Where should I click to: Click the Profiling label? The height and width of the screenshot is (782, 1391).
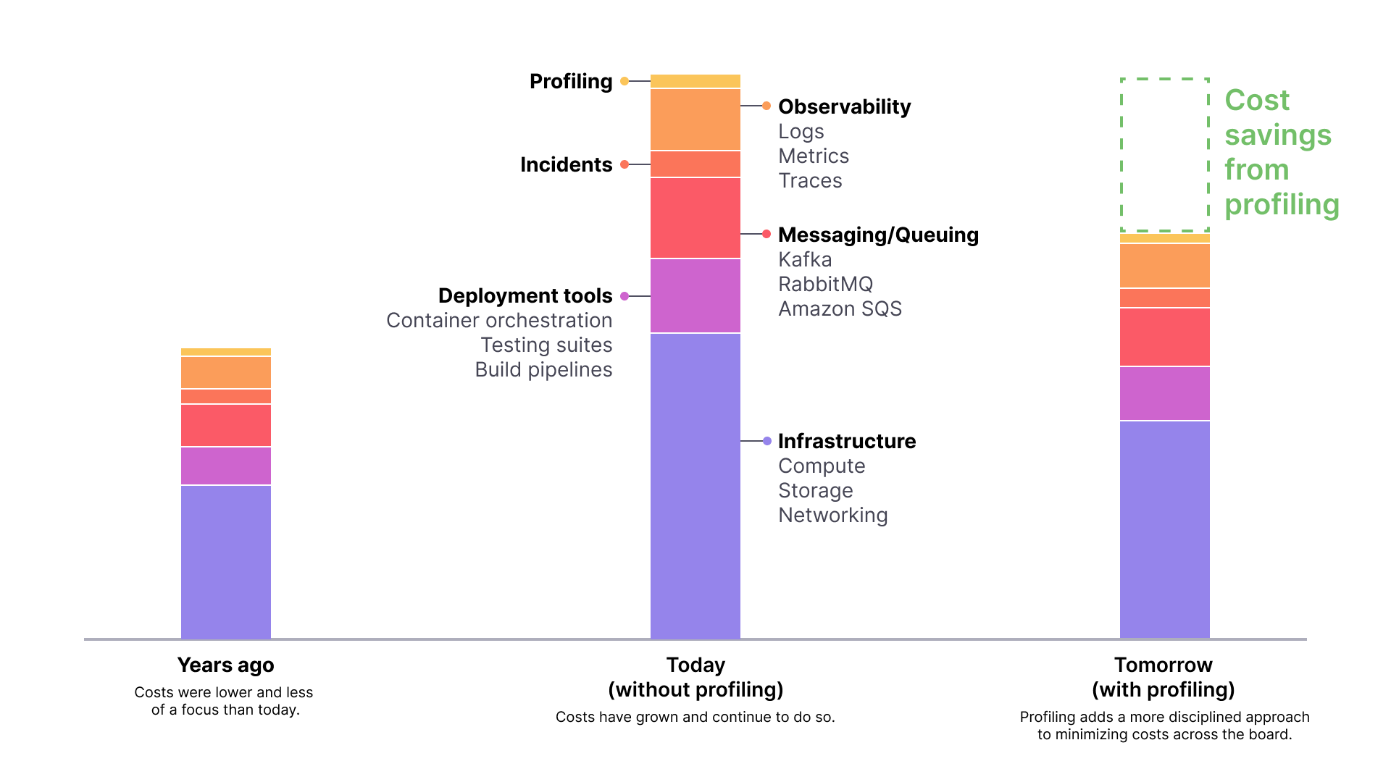click(x=571, y=81)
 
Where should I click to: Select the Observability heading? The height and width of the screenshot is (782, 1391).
click(x=844, y=106)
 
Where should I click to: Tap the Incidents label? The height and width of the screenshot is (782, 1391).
click(x=566, y=164)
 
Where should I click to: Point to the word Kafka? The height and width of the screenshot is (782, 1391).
click(x=805, y=259)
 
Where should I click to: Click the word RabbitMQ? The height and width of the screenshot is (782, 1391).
click(x=825, y=284)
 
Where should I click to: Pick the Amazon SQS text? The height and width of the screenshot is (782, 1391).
click(x=840, y=308)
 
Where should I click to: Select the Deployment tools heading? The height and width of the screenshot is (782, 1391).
click(x=525, y=295)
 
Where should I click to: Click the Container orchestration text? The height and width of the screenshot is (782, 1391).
click(x=499, y=320)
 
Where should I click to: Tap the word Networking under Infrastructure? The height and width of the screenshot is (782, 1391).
click(x=832, y=515)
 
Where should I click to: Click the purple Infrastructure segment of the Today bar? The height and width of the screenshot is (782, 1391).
click(x=695, y=485)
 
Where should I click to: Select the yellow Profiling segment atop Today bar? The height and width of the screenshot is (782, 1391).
click(x=695, y=81)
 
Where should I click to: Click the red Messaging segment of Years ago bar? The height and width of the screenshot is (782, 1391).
click(x=225, y=425)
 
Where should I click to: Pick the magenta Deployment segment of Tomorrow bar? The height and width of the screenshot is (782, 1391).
click(x=1164, y=393)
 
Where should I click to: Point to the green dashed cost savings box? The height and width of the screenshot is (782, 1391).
click(x=1164, y=154)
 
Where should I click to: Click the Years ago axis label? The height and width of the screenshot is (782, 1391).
click(x=225, y=665)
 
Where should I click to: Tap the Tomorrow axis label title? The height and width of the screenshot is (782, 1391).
click(x=1163, y=665)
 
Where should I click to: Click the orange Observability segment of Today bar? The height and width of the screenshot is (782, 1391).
click(x=695, y=119)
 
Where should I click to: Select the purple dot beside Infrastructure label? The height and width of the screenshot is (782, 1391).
click(x=766, y=441)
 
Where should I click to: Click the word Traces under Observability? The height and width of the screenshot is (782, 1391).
click(x=810, y=180)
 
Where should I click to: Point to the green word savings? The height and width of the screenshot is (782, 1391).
click(x=1278, y=135)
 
